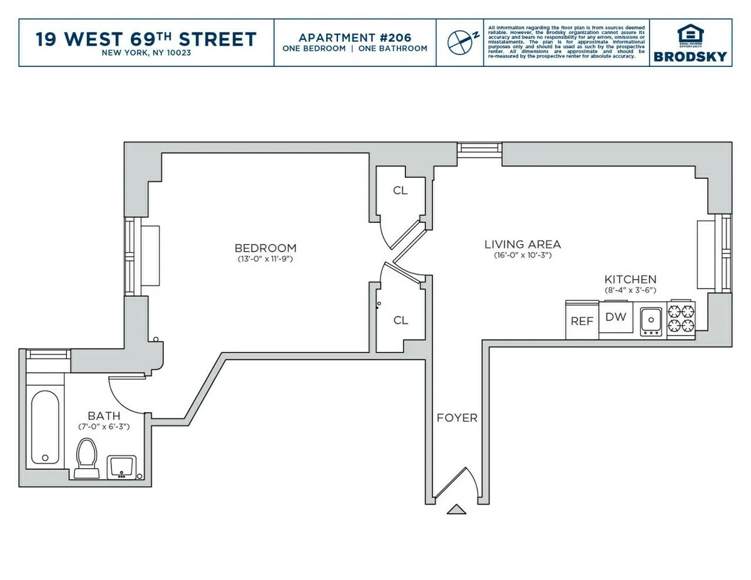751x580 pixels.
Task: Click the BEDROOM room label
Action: [265, 248]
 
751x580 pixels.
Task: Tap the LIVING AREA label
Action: [523, 244]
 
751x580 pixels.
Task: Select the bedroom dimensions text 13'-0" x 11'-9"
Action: [265, 258]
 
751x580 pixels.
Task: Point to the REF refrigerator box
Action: [581, 320]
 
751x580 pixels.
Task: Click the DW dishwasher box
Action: [615, 317]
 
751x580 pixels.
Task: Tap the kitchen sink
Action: [651, 320]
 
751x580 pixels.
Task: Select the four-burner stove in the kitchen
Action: [681, 318]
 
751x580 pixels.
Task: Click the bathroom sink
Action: [121, 466]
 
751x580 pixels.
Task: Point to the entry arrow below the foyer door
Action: [456, 509]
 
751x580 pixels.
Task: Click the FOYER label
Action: [457, 418]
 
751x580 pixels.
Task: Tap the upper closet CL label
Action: [401, 191]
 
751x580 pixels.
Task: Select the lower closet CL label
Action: [401, 320]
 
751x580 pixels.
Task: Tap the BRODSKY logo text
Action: [690, 56]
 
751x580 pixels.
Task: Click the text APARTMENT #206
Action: [355, 37]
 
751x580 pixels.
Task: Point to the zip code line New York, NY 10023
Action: [146, 53]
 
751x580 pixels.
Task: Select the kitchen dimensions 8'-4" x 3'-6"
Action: [630, 290]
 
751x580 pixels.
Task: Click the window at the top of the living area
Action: [479, 148]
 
